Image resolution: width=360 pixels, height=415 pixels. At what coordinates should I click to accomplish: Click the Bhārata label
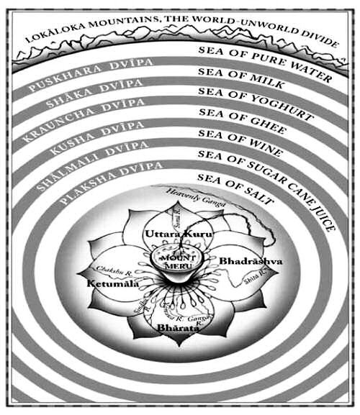point(173,328)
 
